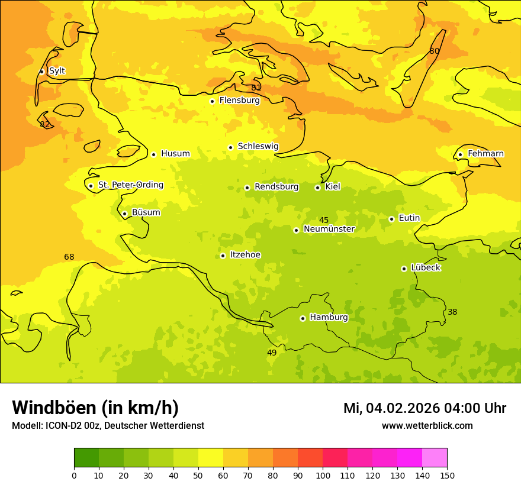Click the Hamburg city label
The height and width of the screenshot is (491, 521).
click(329, 318)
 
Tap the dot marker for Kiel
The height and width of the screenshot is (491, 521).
click(317, 188)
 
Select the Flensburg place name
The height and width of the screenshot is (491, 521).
click(239, 101)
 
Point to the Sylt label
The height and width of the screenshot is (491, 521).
click(57, 71)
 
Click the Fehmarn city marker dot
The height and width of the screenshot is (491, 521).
click(460, 154)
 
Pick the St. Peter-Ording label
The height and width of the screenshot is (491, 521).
click(130, 185)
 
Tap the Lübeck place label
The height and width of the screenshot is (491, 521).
click(425, 268)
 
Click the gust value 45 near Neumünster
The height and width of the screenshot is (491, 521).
click(324, 221)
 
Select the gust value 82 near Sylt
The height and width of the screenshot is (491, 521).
click(45, 125)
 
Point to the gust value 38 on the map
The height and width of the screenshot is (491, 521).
click(452, 312)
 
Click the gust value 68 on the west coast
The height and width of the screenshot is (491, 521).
click(69, 257)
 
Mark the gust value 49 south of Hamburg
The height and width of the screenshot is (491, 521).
click(272, 353)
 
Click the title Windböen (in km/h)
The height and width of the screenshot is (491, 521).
click(95, 408)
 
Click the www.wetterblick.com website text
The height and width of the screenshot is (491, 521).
click(427, 426)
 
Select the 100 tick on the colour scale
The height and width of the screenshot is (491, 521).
click(323, 475)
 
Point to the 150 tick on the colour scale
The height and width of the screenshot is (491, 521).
click(447, 475)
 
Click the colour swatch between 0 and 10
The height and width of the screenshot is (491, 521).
click(86, 458)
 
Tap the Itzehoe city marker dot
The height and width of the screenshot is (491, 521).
click(223, 256)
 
